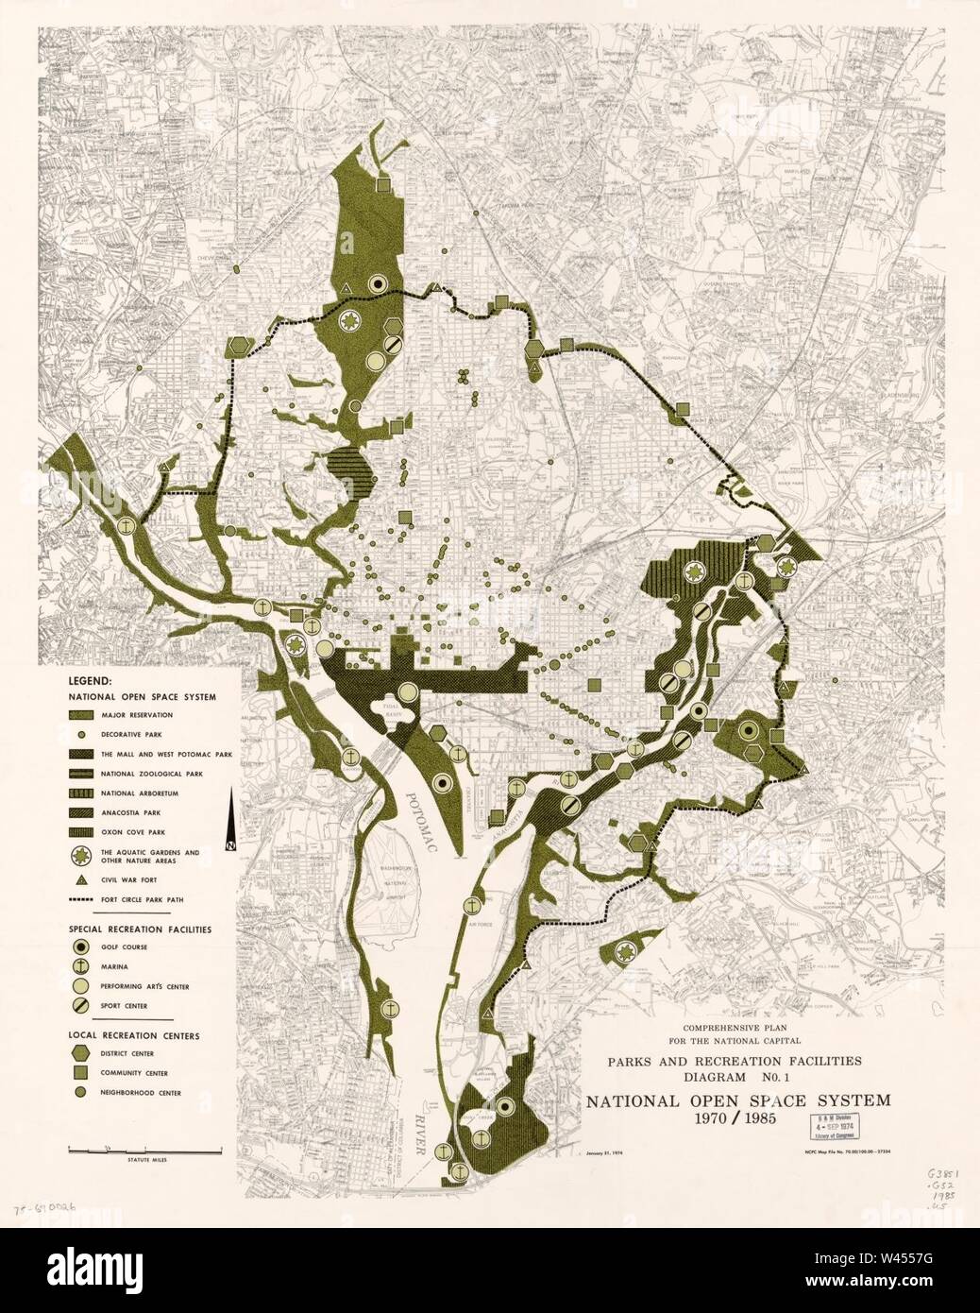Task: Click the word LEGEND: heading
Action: point(90,680)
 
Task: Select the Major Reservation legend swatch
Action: point(82,715)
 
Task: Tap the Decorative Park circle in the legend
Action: point(82,734)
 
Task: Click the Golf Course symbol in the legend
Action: point(82,946)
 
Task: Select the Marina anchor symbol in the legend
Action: point(82,965)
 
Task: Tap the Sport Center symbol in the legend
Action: point(82,1006)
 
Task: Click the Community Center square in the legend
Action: point(82,1073)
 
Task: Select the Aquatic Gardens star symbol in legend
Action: point(82,855)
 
